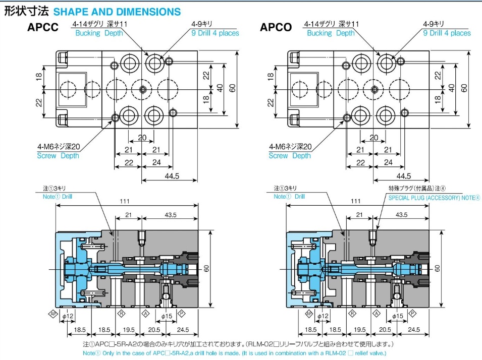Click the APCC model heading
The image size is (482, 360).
[x=43, y=27]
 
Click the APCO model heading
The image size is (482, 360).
[x=276, y=27]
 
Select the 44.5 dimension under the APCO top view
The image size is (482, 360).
[x=403, y=175]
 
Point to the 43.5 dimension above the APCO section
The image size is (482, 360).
[x=402, y=215]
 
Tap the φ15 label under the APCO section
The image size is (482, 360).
[x=398, y=316]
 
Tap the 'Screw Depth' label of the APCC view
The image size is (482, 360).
[x=58, y=156]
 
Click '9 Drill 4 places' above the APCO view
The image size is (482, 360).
[x=447, y=33]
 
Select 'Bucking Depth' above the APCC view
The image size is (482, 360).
[x=99, y=33]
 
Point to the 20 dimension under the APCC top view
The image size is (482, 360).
[x=142, y=138]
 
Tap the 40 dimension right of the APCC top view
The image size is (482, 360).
[x=220, y=87]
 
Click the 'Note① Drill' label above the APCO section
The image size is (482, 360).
[x=290, y=196]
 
